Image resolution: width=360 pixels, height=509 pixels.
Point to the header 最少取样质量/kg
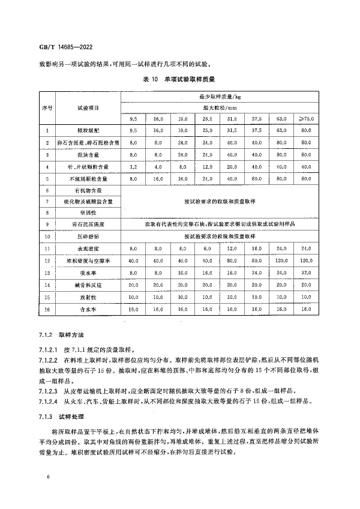click(220, 95)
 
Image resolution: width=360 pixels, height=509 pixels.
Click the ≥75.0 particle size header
click(305, 118)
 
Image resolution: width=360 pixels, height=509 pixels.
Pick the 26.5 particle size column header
click(207, 118)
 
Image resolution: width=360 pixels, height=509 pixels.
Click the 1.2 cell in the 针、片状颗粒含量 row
click(133, 166)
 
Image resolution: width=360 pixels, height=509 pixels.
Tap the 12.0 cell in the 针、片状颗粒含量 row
click(207, 166)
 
